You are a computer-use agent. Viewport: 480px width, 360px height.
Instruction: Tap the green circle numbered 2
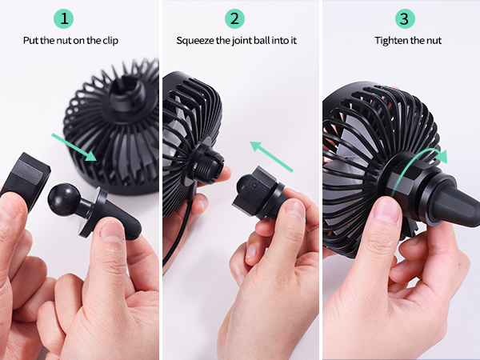coord(235,18)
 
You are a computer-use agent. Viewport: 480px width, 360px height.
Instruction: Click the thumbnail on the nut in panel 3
coord(388,210)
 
